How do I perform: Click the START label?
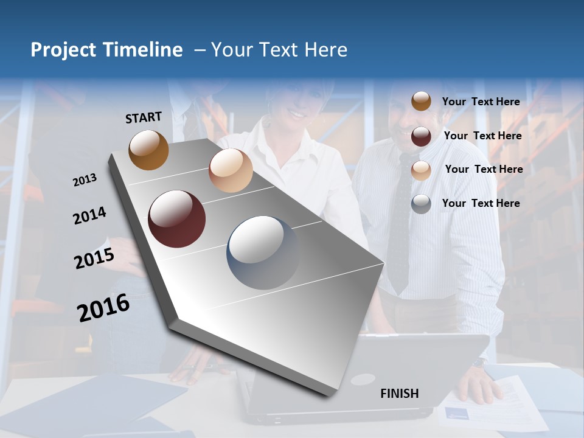(144, 117)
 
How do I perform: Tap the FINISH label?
(399, 394)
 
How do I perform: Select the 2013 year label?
(85, 179)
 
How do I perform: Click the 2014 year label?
(89, 215)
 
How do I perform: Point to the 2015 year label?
(94, 258)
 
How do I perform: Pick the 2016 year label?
(103, 307)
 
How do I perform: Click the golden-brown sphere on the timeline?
(148, 150)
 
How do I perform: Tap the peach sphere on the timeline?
(231, 170)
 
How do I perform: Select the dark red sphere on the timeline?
(176, 219)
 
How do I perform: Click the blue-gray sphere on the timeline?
(263, 252)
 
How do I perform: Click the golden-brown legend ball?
(421, 101)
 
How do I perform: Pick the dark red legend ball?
(421, 136)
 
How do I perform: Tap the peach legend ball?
(421, 170)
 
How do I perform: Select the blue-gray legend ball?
(421, 204)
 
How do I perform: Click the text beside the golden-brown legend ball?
(481, 102)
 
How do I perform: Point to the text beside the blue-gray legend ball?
(481, 203)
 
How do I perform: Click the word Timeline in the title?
(142, 50)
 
